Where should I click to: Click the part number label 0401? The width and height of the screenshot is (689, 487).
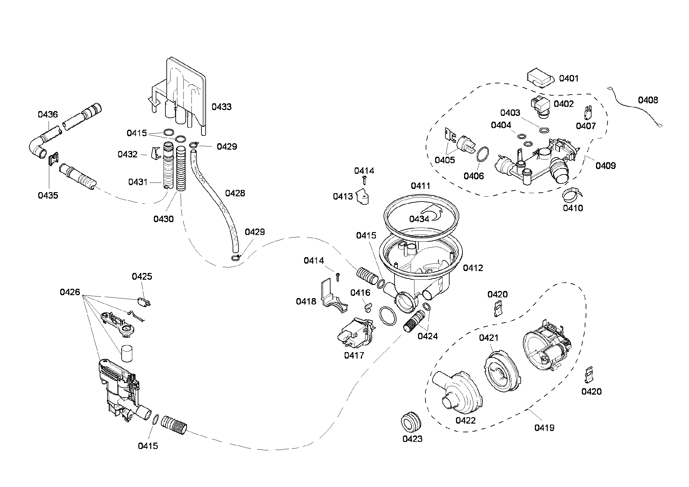pos(569,78)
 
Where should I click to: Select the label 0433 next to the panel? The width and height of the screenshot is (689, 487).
pos(221,107)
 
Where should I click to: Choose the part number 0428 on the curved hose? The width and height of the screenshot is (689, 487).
pos(235,193)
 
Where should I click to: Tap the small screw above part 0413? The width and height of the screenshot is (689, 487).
pos(364,180)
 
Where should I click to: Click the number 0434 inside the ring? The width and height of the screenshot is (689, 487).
pos(419,219)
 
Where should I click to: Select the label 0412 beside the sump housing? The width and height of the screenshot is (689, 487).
pos(473,268)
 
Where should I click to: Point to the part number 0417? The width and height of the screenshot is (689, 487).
pos(354,355)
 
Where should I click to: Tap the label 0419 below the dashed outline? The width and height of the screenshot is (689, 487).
pos(544,428)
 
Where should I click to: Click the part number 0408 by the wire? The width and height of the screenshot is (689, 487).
pos(648,100)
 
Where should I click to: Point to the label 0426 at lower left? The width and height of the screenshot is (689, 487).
pos(70,292)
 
